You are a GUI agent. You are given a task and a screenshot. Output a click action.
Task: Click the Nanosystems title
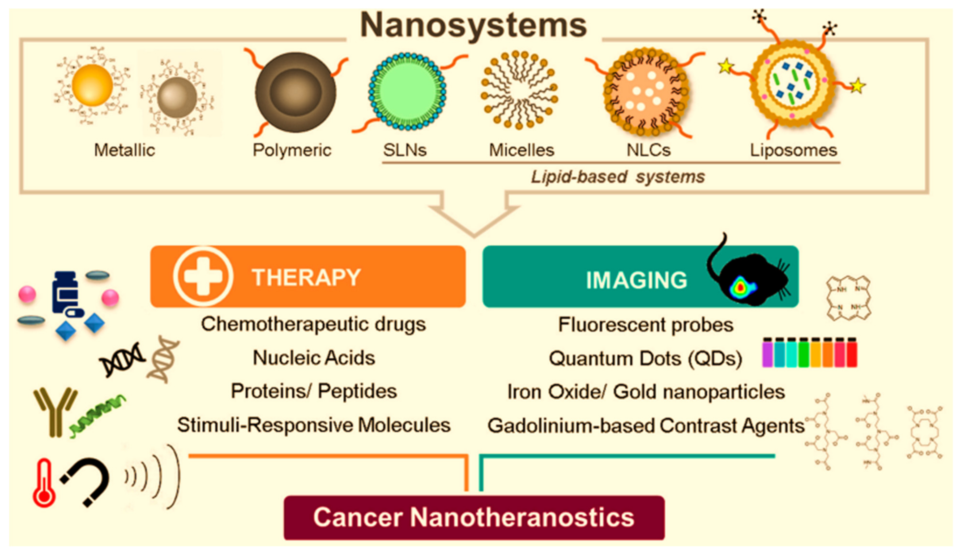tap(473, 25)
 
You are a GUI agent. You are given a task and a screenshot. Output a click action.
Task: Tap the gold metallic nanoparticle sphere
tap(92, 85)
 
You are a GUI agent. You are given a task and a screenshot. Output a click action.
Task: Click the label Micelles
tap(521, 150)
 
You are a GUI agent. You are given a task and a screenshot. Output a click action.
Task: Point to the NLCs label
tap(648, 150)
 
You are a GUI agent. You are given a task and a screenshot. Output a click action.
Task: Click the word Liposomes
tap(793, 150)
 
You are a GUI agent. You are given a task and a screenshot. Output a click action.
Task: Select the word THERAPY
tap(306, 277)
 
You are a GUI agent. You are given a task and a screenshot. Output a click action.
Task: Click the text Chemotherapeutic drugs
tap(313, 324)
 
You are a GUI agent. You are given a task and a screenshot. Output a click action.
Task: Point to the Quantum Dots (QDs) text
tap(645, 358)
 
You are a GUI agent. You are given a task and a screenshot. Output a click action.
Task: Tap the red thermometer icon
tap(44, 484)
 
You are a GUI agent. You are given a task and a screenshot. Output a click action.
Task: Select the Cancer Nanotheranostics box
tap(474, 517)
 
